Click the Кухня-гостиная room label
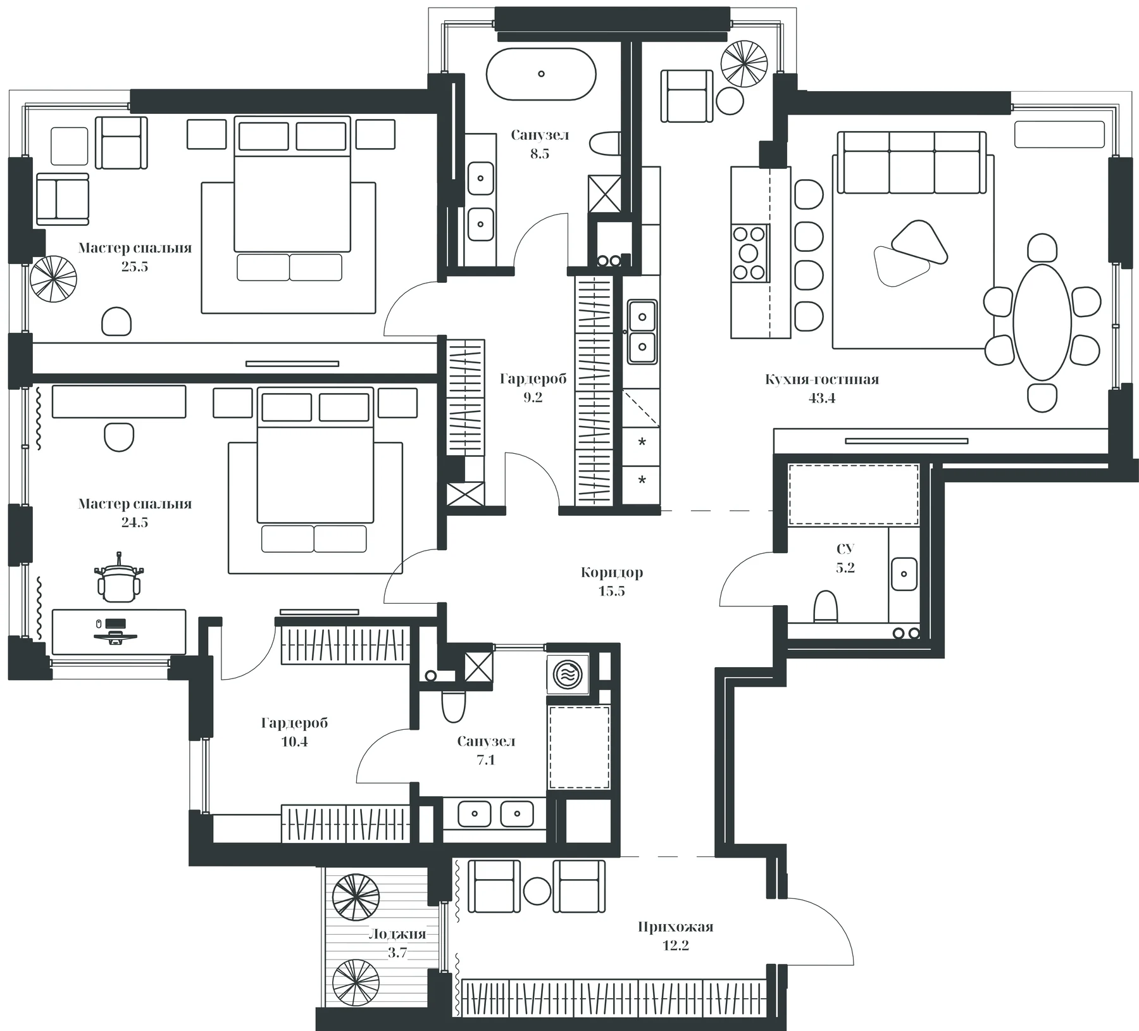821,379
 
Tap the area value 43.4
821,398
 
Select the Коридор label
611,573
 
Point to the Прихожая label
675,927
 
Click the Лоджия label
397,934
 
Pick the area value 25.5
135,266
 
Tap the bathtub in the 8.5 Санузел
541,74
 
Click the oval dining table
1042,322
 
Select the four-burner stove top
749,253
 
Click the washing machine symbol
568,675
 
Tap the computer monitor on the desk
115,625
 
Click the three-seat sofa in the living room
912,162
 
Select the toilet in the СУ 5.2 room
825,607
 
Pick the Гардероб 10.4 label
294,732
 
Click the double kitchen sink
642,332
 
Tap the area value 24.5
135,523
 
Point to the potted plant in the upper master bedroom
53,278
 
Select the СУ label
845,549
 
